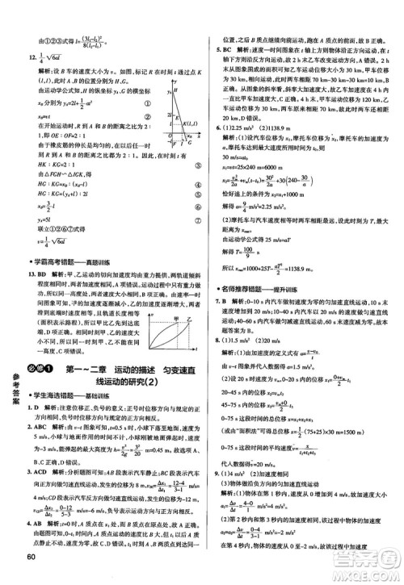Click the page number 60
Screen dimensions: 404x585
32,575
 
